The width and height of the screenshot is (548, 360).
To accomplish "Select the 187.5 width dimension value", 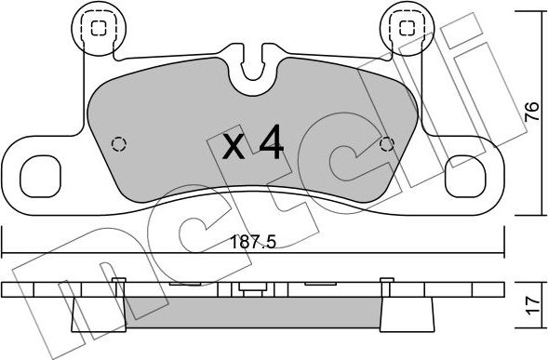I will click(254, 242).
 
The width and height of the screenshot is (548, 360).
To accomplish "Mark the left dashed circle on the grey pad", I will click(118, 143).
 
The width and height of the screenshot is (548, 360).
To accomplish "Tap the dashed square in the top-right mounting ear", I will click(408, 28).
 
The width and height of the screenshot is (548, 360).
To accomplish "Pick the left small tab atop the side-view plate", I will click(118, 282).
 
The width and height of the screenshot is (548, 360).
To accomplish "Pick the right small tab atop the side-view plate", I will click(383, 282).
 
